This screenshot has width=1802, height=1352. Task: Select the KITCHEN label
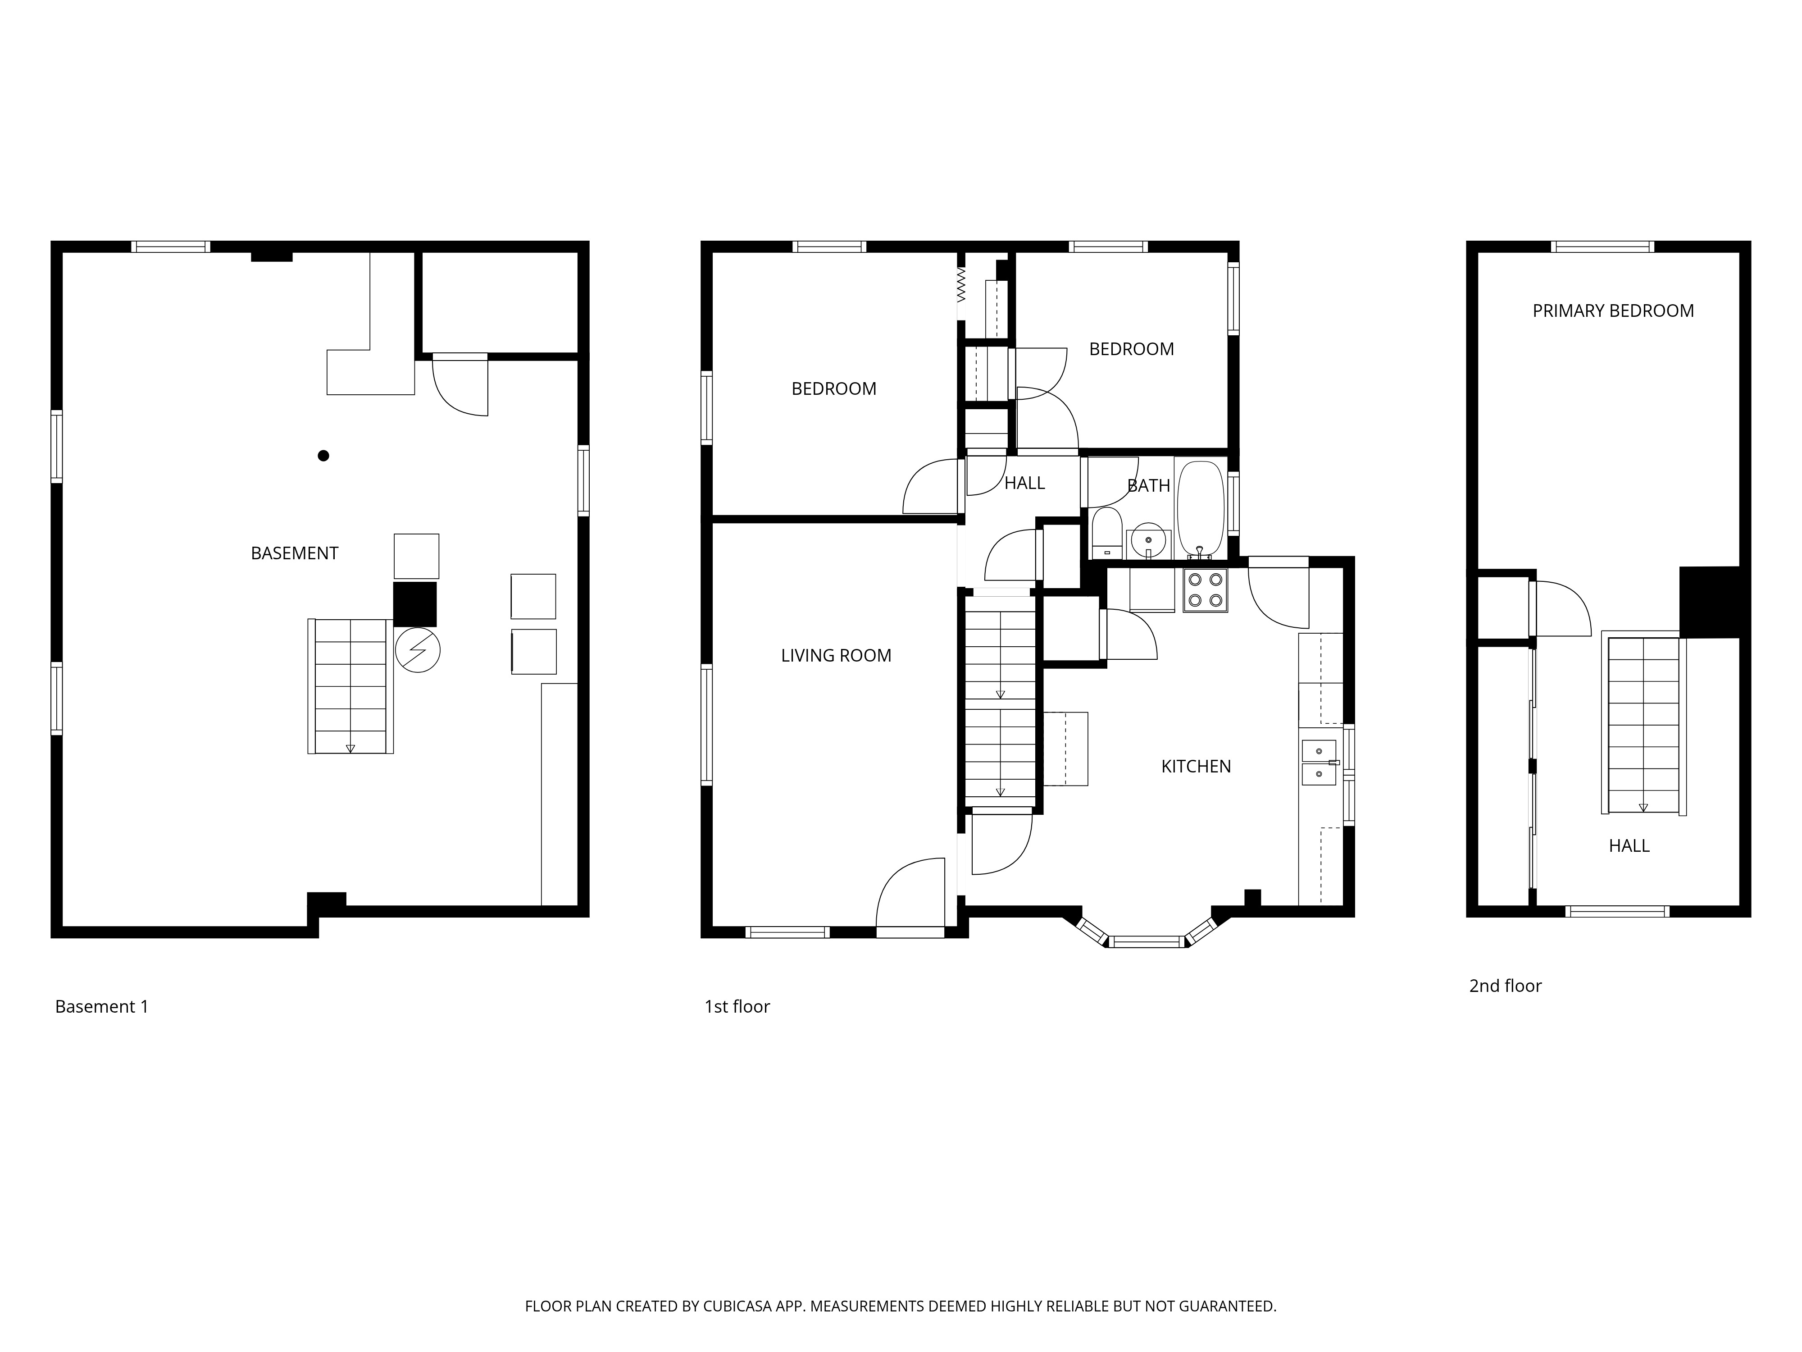click(1196, 766)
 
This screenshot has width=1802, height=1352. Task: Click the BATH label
click(1149, 486)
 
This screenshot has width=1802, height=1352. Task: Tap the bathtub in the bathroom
click(1201, 509)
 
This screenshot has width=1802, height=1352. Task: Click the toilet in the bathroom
click(1106, 533)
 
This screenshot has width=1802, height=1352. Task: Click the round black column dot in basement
click(323, 456)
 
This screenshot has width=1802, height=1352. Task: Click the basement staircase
click(350, 686)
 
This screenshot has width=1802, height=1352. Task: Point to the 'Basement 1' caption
click(102, 1006)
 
